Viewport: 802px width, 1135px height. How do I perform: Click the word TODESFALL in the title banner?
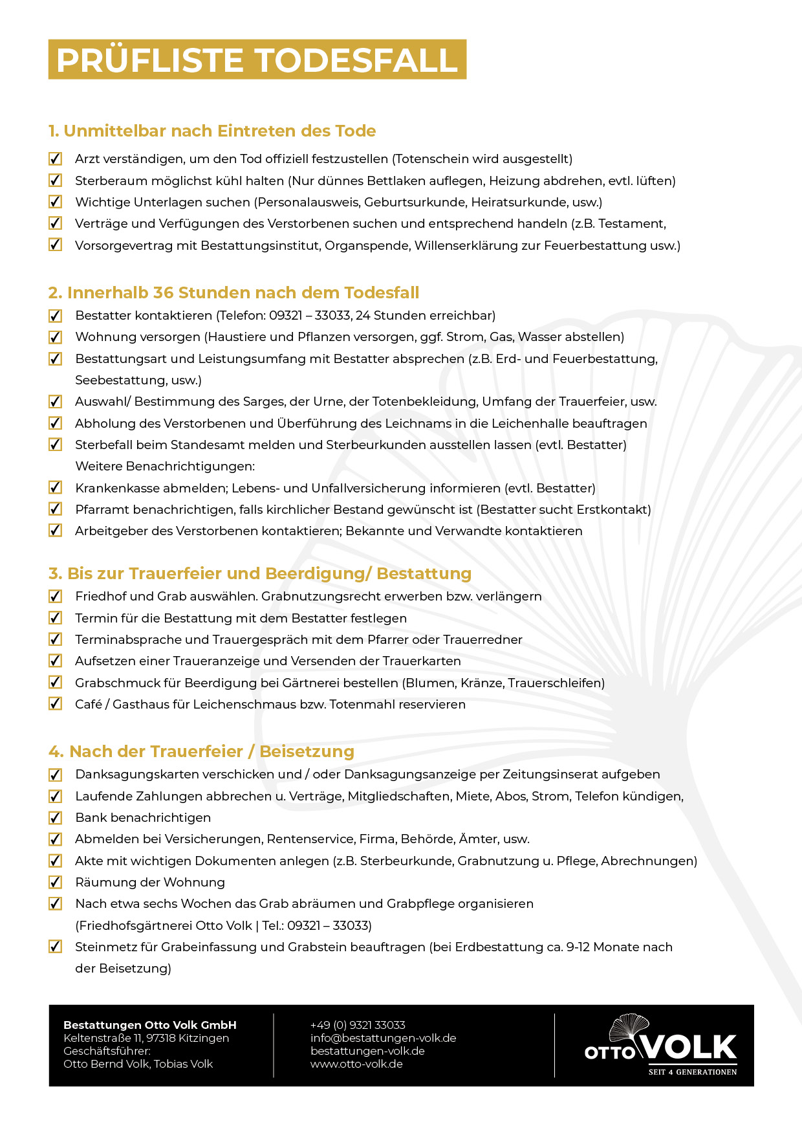[358, 60]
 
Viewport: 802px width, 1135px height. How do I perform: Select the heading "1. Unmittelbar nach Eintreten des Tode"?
[212, 131]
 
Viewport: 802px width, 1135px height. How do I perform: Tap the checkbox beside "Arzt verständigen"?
[56, 159]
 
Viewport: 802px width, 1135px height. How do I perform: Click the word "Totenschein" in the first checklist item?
[431, 159]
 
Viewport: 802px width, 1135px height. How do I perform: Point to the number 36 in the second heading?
[163, 292]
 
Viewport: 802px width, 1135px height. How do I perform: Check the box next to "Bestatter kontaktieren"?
[56, 316]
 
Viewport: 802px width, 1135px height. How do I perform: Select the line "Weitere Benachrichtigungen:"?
[165, 466]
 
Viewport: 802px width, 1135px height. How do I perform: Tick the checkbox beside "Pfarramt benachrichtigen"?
[56, 509]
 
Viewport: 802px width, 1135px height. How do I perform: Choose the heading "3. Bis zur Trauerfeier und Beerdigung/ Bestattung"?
[259, 573]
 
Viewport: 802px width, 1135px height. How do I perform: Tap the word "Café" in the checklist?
[89, 704]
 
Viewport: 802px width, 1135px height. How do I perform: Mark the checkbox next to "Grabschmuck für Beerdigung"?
[56, 683]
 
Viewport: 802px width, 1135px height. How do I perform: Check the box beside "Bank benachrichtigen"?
[56, 818]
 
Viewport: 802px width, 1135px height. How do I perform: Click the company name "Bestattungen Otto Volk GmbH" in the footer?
[150, 1025]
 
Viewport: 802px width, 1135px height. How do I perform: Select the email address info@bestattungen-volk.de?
[383, 1038]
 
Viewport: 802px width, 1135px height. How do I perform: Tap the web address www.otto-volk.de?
[356, 1064]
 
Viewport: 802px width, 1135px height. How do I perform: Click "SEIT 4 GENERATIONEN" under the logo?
[692, 1072]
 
